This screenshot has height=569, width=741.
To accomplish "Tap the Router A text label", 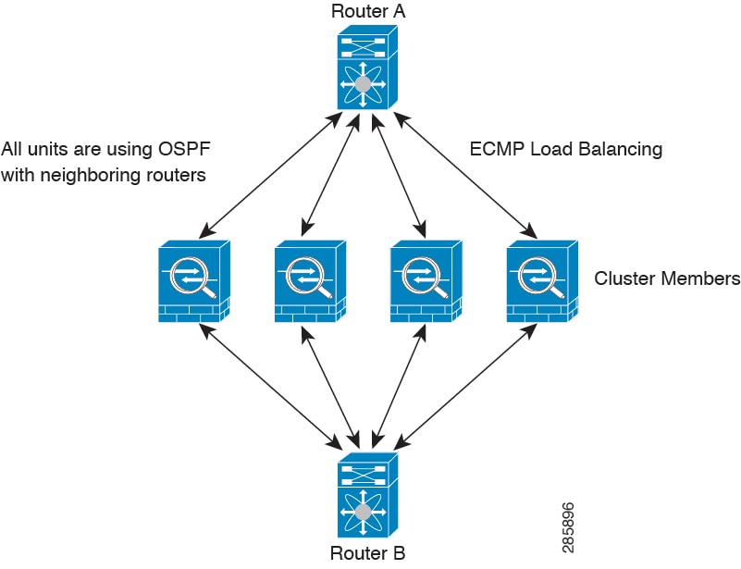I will [367, 12].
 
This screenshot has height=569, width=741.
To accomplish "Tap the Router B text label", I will [367, 554].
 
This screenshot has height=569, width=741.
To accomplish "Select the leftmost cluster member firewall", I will [193, 281].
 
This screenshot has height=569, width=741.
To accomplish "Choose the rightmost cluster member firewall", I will [542, 281].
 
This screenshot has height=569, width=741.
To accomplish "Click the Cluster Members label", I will [667, 278].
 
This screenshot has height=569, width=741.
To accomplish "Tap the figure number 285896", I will [568, 528].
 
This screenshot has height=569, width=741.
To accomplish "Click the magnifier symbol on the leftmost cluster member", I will [191, 275].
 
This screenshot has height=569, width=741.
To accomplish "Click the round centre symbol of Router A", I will [364, 84].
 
